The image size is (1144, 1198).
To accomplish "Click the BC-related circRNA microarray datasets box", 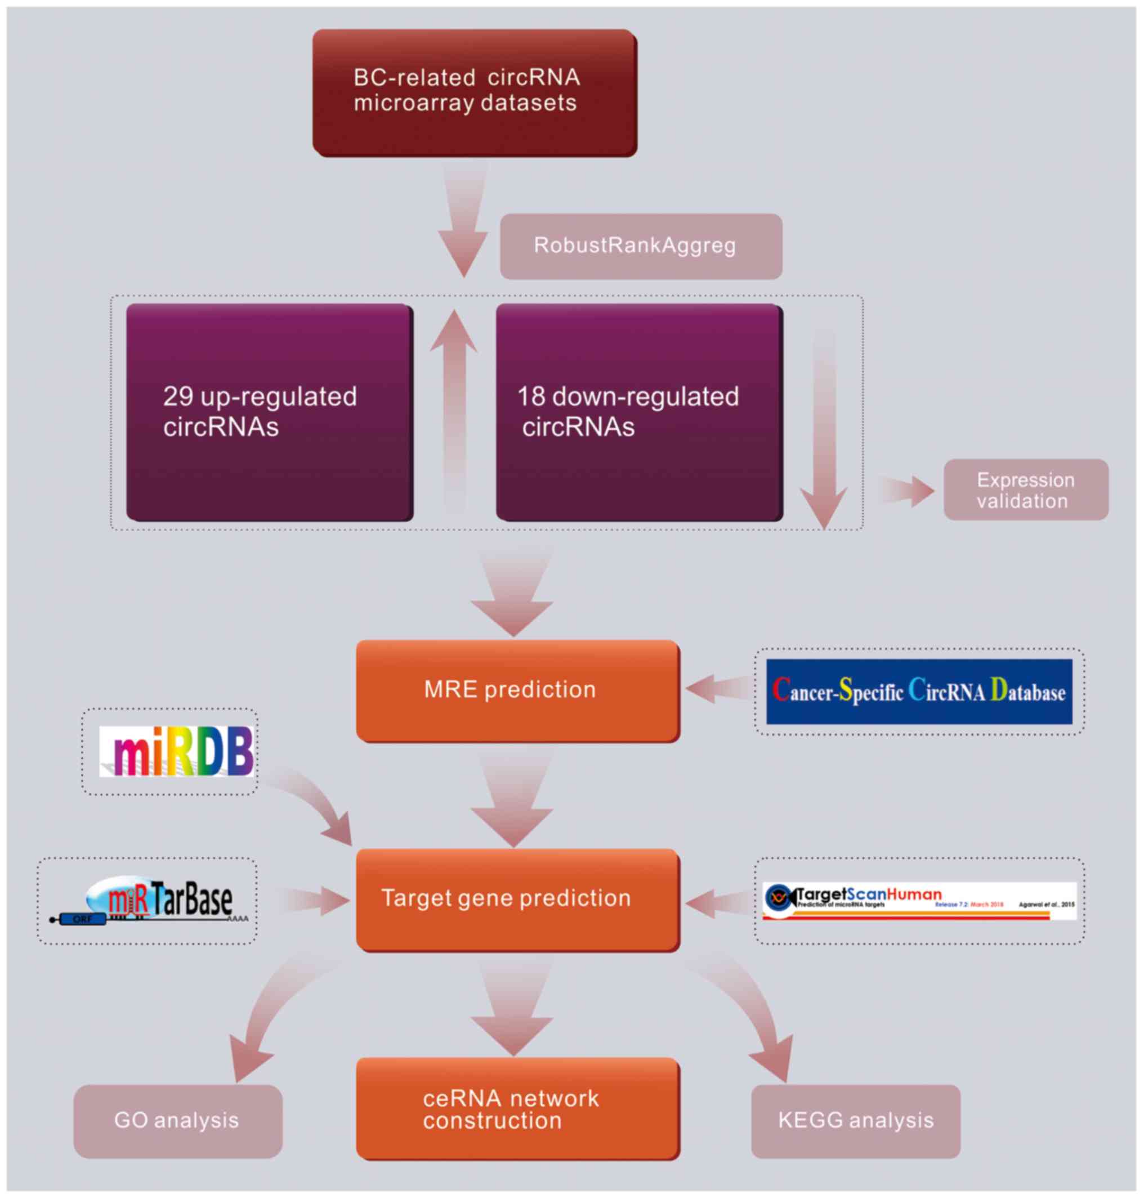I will (x=475, y=93).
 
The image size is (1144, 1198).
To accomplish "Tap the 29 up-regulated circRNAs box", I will (x=269, y=412).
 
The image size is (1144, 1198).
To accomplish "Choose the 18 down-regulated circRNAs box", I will (x=638, y=412).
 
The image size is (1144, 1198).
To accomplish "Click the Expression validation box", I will (x=1025, y=490).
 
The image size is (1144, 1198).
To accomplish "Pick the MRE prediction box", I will (x=517, y=691).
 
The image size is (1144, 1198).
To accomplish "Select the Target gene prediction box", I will (x=517, y=899).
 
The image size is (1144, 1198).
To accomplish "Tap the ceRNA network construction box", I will (x=517, y=1108).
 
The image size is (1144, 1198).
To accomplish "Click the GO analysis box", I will (x=177, y=1120).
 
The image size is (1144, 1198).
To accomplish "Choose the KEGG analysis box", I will (x=855, y=1120).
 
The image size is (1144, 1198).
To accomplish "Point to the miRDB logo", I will (x=176, y=751).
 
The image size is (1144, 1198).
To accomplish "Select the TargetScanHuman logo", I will (x=919, y=900).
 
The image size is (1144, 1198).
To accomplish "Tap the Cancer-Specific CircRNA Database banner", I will (x=918, y=691).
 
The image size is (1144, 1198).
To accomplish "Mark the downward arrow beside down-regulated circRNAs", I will (x=824, y=427).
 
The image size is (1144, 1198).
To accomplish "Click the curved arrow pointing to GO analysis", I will (x=269, y=1013).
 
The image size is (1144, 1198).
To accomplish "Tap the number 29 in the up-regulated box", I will (x=178, y=397).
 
